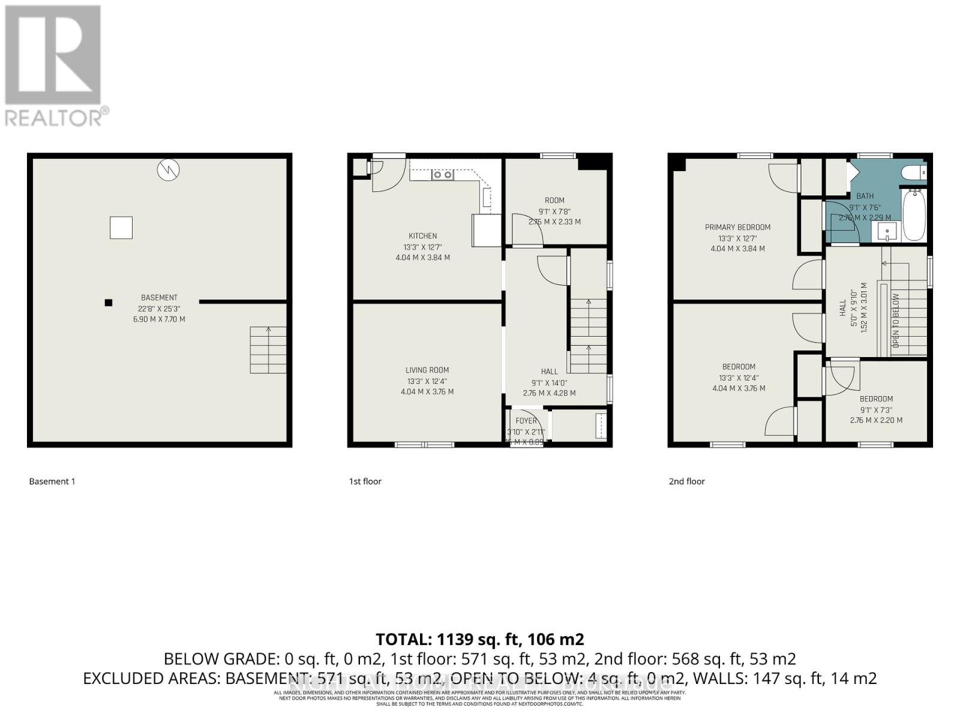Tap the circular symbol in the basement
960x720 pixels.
[x=168, y=170]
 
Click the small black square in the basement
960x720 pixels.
[x=109, y=302]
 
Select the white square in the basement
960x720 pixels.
[x=121, y=227]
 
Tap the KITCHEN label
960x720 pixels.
[x=422, y=236]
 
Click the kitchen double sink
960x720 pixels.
[x=443, y=175]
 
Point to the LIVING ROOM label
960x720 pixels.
[x=427, y=370]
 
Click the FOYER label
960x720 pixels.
[x=526, y=421]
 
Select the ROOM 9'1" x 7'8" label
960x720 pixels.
[x=554, y=200]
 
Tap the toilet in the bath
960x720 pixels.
[x=913, y=173]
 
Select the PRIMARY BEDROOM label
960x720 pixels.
[x=737, y=227]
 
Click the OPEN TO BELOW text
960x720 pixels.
[x=896, y=320]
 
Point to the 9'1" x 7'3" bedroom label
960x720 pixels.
[x=876, y=399]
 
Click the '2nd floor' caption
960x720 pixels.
[x=686, y=481]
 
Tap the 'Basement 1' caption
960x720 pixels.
[x=52, y=481]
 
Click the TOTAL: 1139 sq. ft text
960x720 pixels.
[x=479, y=639]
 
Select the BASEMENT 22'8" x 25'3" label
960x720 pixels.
[x=159, y=298]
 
